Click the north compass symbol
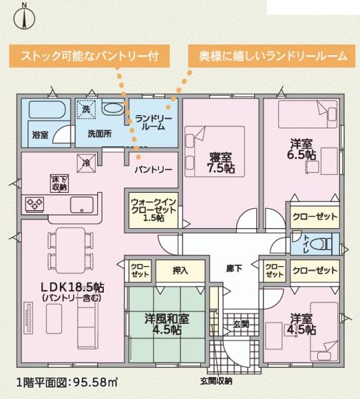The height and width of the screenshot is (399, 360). [x=24, y=18]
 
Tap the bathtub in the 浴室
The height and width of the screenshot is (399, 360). [x=47, y=110]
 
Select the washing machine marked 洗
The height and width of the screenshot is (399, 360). [x=87, y=109]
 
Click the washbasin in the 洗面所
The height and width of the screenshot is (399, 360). [x=112, y=108]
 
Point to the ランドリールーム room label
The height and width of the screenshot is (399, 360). [x=154, y=122]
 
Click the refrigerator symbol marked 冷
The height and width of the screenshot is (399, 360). [x=87, y=163]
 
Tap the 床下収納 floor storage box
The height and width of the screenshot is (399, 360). [x=59, y=183]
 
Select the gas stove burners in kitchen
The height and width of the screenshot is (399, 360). [x=35, y=204]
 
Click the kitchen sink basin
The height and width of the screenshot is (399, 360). [x=82, y=205]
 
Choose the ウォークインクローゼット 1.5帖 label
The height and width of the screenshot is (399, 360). [x=153, y=210]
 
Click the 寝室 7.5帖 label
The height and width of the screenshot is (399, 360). [x=221, y=163]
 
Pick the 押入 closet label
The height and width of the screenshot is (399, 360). [x=180, y=271]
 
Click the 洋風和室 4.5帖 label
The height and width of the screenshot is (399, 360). [x=167, y=324]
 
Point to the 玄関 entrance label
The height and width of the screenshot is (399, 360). [x=241, y=325]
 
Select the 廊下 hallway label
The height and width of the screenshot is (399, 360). [x=234, y=269]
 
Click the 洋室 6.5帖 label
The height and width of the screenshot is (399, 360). [x=301, y=149]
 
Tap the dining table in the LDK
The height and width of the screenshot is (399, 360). [x=71, y=251]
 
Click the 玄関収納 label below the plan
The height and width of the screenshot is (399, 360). [x=216, y=381]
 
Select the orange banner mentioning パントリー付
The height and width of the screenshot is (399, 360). [x=90, y=56]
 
